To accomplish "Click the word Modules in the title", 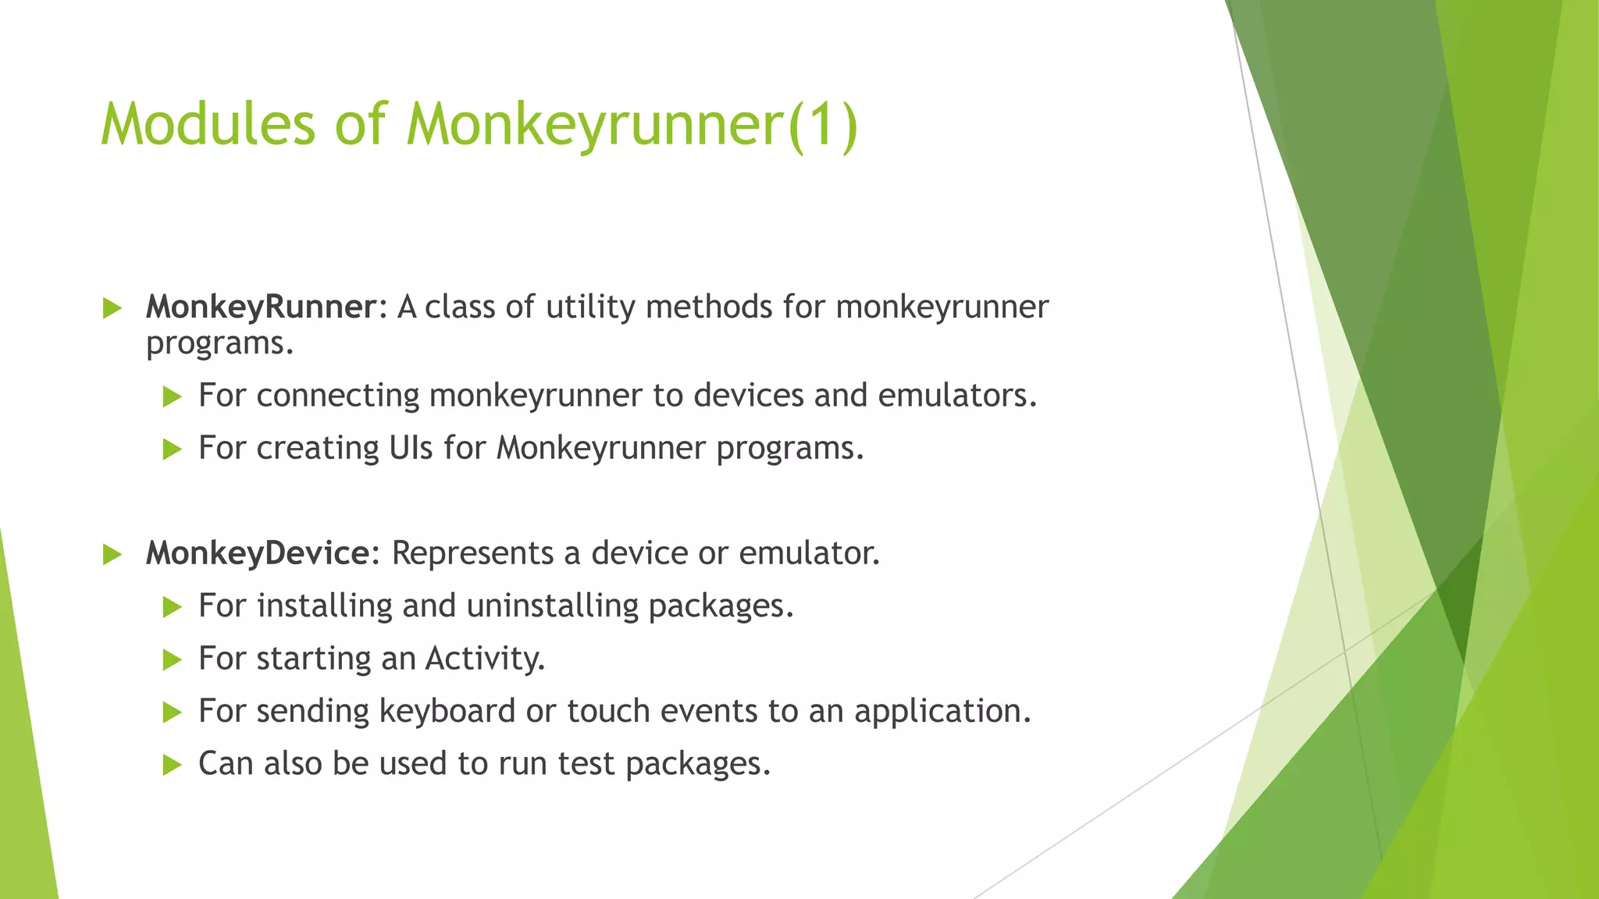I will tap(208, 125).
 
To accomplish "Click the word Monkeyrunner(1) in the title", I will tap(632, 125).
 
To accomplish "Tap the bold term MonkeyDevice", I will tap(258, 553).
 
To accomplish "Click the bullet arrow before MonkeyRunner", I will tap(112, 308).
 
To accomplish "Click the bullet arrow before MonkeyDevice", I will tap(112, 555).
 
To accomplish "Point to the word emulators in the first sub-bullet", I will tap(956, 396).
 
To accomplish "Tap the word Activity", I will tap(484, 659).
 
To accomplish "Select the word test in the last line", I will tap(586, 764).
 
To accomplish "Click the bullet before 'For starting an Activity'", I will tap(172, 660).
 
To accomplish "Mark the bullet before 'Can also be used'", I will tap(172, 766).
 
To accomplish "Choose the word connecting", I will tap(337, 396).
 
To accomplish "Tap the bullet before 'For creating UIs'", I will tap(172, 449).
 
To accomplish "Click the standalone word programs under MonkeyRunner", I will tap(219, 343).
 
